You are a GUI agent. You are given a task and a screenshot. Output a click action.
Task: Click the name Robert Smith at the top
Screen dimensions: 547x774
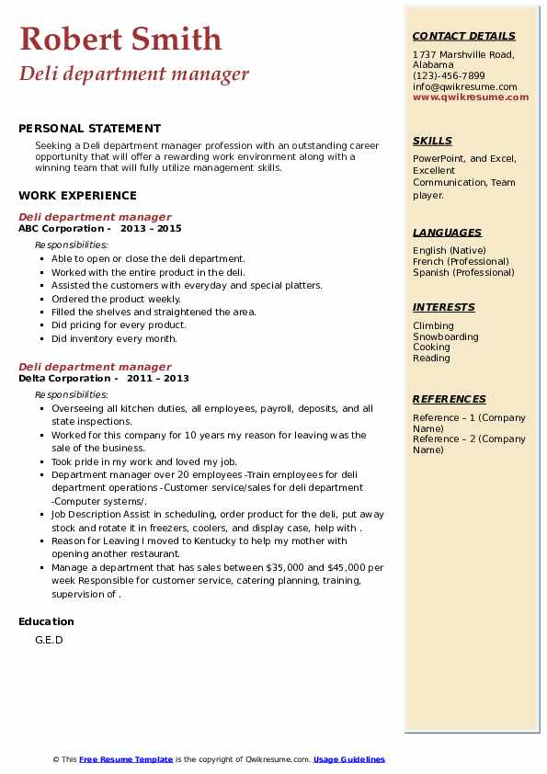click(x=120, y=39)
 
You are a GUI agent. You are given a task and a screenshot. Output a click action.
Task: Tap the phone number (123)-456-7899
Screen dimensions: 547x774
click(x=449, y=75)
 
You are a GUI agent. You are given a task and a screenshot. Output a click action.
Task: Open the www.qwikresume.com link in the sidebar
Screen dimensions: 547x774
click(x=471, y=97)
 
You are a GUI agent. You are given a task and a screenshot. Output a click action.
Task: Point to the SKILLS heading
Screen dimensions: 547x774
click(x=432, y=141)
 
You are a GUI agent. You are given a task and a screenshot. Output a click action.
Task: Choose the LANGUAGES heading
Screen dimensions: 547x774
click(x=447, y=233)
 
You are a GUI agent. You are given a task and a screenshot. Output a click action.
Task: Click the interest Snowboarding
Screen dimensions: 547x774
click(x=446, y=336)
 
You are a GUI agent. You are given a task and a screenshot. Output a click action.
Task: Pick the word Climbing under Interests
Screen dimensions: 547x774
click(x=433, y=325)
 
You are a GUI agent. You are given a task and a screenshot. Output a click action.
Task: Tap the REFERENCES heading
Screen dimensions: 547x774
click(x=450, y=399)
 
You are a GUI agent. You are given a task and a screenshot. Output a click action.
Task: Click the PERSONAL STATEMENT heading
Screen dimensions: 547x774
click(x=89, y=129)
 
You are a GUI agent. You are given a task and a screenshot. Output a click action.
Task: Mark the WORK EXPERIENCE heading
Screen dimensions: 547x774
click(x=77, y=195)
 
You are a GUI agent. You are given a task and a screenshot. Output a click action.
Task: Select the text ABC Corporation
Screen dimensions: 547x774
click(x=61, y=228)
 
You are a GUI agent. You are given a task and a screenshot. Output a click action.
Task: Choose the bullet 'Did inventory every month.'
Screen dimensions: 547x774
click(x=114, y=338)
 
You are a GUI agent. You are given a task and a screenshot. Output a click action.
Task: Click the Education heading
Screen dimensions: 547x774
click(x=46, y=621)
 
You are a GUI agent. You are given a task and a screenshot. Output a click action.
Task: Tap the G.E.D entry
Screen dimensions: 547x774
click(x=49, y=640)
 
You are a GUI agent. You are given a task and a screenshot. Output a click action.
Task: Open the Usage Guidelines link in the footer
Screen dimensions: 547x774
click(x=349, y=759)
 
